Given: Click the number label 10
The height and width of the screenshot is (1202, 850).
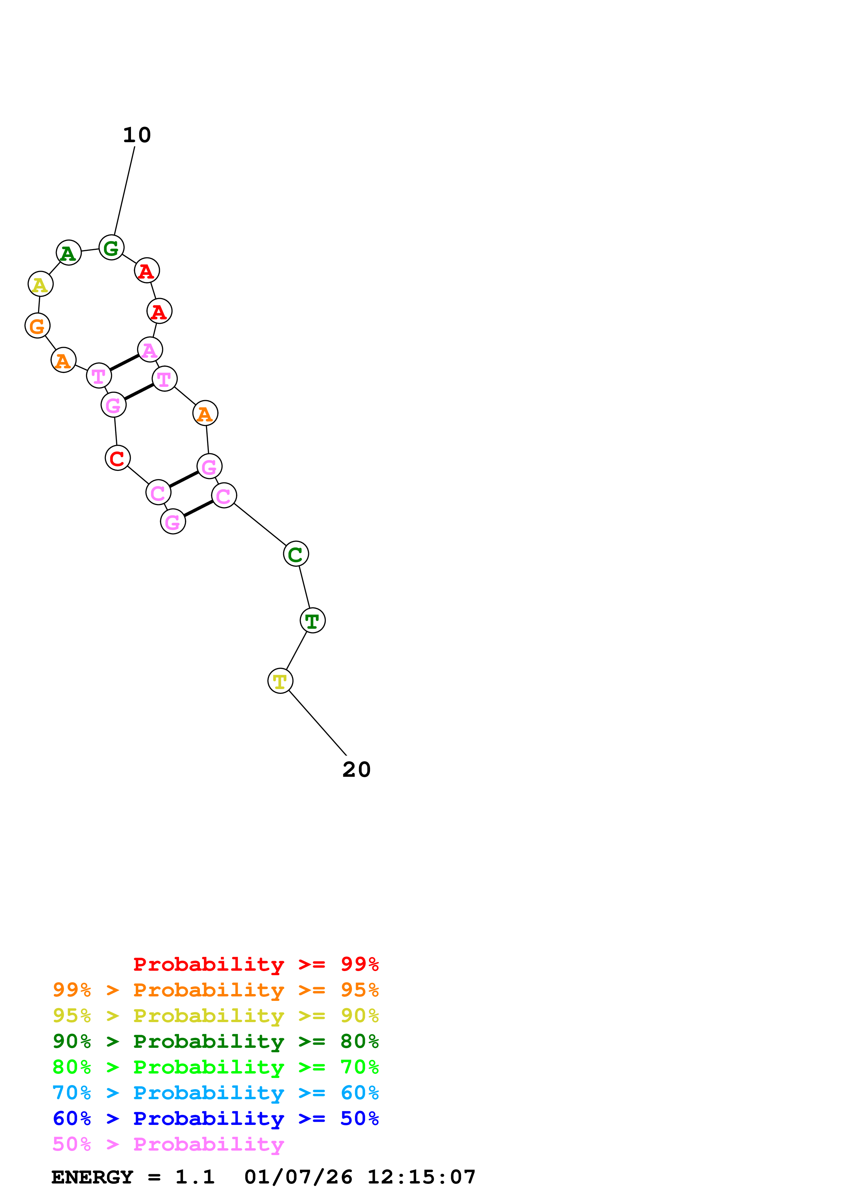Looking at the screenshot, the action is click(x=137, y=135).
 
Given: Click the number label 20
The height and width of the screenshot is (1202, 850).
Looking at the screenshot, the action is click(x=356, y=770).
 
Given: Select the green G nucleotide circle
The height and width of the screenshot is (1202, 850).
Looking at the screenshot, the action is click(x=111, y=248).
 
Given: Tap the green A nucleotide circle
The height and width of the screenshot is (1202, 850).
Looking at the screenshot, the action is click(x=69, y=253).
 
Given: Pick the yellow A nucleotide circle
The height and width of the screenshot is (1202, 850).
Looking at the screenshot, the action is click(x=40, y=284).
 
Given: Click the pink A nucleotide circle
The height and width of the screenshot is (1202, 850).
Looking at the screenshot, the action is click(x=150, y=350).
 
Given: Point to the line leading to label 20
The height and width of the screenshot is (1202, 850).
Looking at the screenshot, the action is click(x=318, y=723).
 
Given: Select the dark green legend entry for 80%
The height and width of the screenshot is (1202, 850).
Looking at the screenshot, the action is click(x=215, y=1041).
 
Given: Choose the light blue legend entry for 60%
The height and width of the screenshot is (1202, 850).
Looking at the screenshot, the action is click(x=215, y=1093).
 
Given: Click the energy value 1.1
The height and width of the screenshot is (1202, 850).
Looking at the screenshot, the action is click(x=195, y=1177).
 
